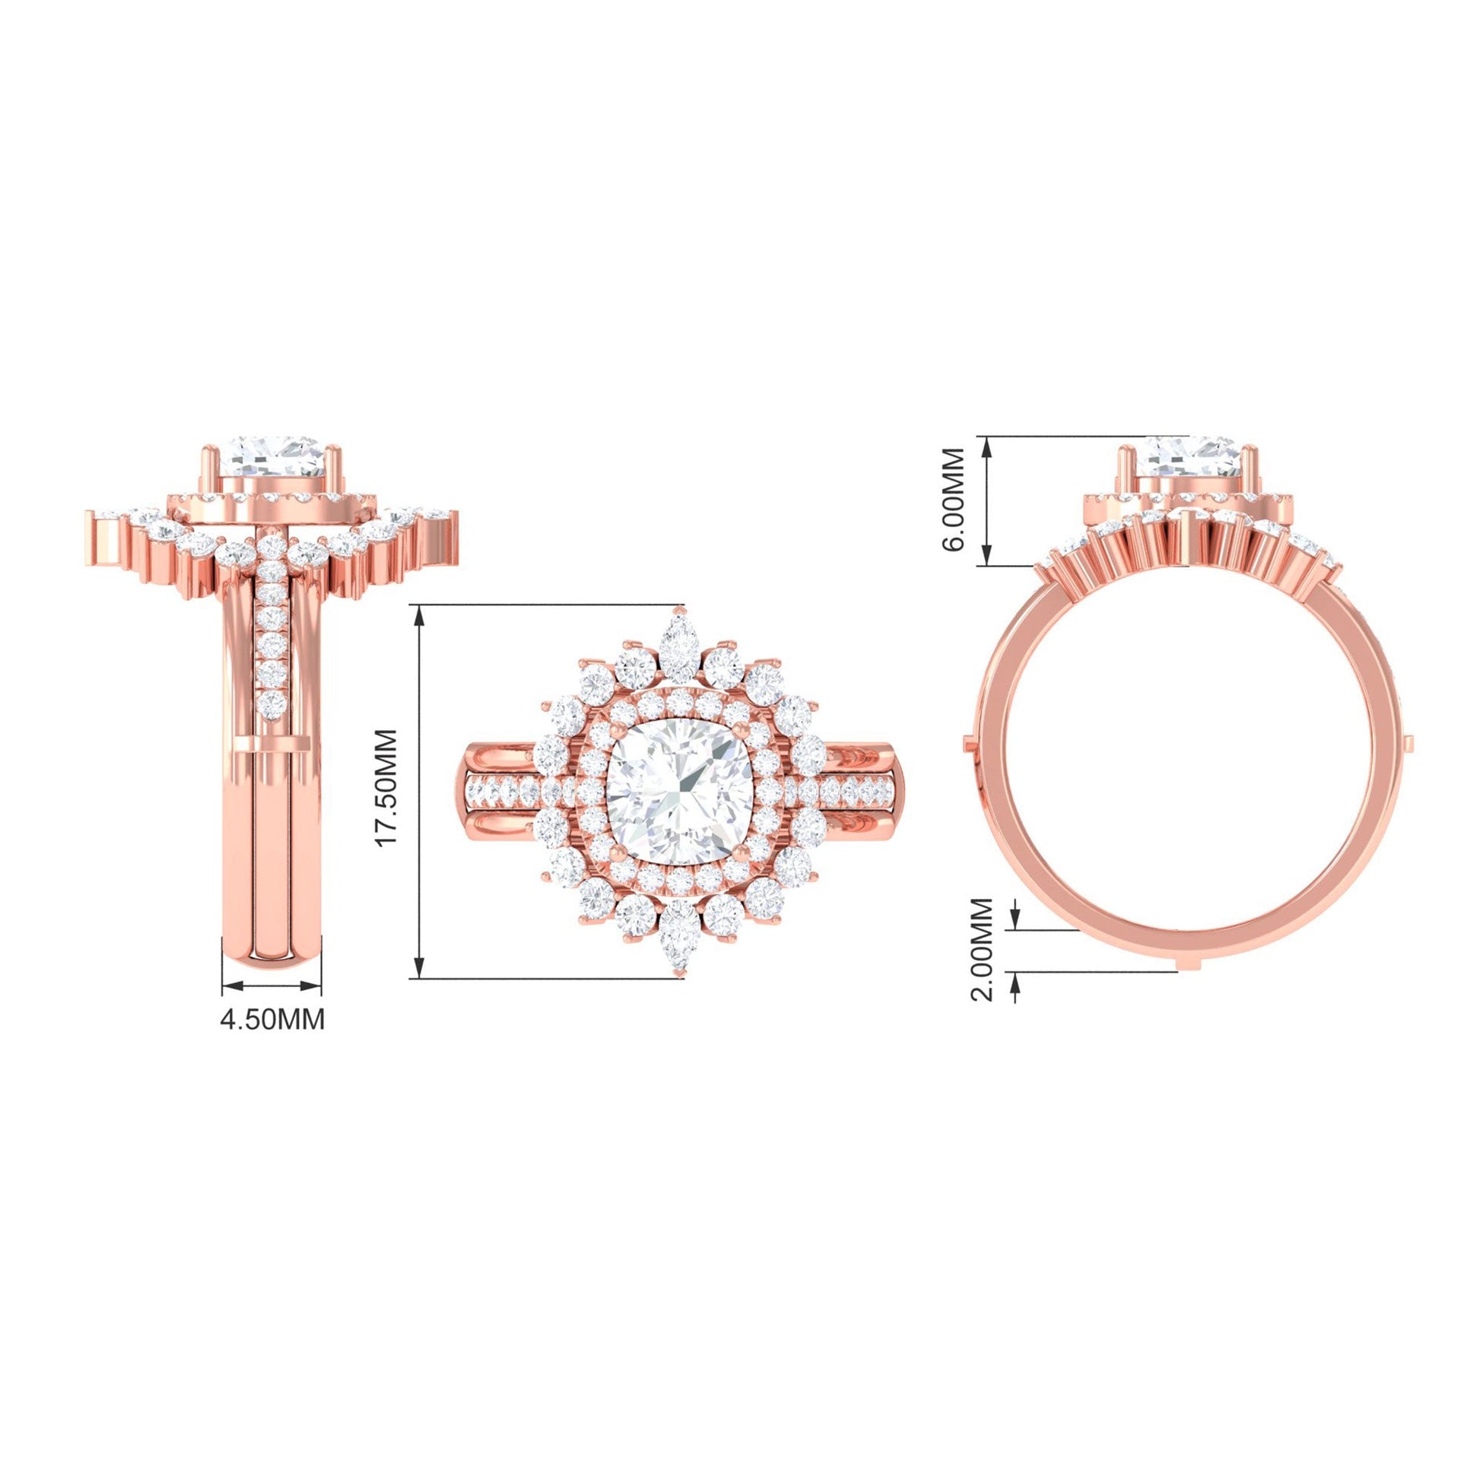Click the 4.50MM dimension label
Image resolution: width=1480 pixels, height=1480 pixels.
tap(272, 1019)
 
